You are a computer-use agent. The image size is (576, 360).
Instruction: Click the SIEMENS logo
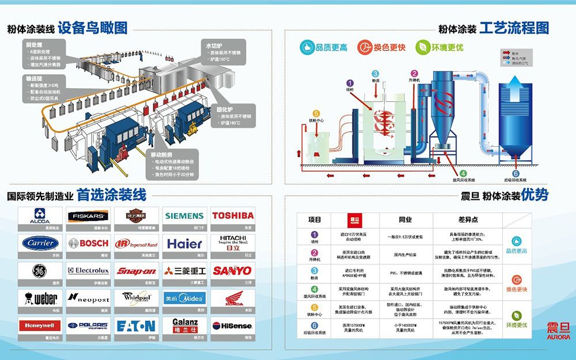tap(184, 216)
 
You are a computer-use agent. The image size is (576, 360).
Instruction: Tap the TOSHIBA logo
tap(233, 215)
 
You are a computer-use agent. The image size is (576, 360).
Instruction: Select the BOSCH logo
tap(89, 243)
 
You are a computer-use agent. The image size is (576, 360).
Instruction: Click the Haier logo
tap(184, 243)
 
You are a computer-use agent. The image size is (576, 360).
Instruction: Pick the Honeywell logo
tap(40, 325)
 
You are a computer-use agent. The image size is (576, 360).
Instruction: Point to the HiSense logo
tap(233, 325)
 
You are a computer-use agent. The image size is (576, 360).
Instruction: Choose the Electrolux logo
tap(89, 270)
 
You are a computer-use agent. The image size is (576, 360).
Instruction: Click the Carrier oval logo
tap(40, 243)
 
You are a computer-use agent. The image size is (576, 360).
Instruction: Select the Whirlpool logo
tap(137, 298)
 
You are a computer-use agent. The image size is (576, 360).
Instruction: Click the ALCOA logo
tap(40, 216)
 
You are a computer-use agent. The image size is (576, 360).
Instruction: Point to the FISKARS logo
tap(89, 216)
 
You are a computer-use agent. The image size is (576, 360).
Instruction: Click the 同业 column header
tap(406, 220)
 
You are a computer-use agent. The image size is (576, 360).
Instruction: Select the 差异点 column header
tap(467, 220)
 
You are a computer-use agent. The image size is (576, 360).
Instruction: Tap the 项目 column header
tap(314, 220)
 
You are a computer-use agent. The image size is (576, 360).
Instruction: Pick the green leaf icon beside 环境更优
tap(423, 47)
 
